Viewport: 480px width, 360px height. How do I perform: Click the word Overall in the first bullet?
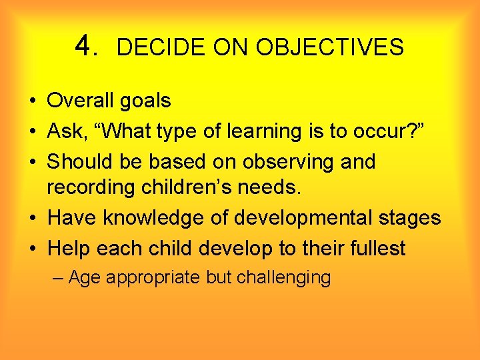pos(81,101)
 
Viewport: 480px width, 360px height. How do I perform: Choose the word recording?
pos(91,188)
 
